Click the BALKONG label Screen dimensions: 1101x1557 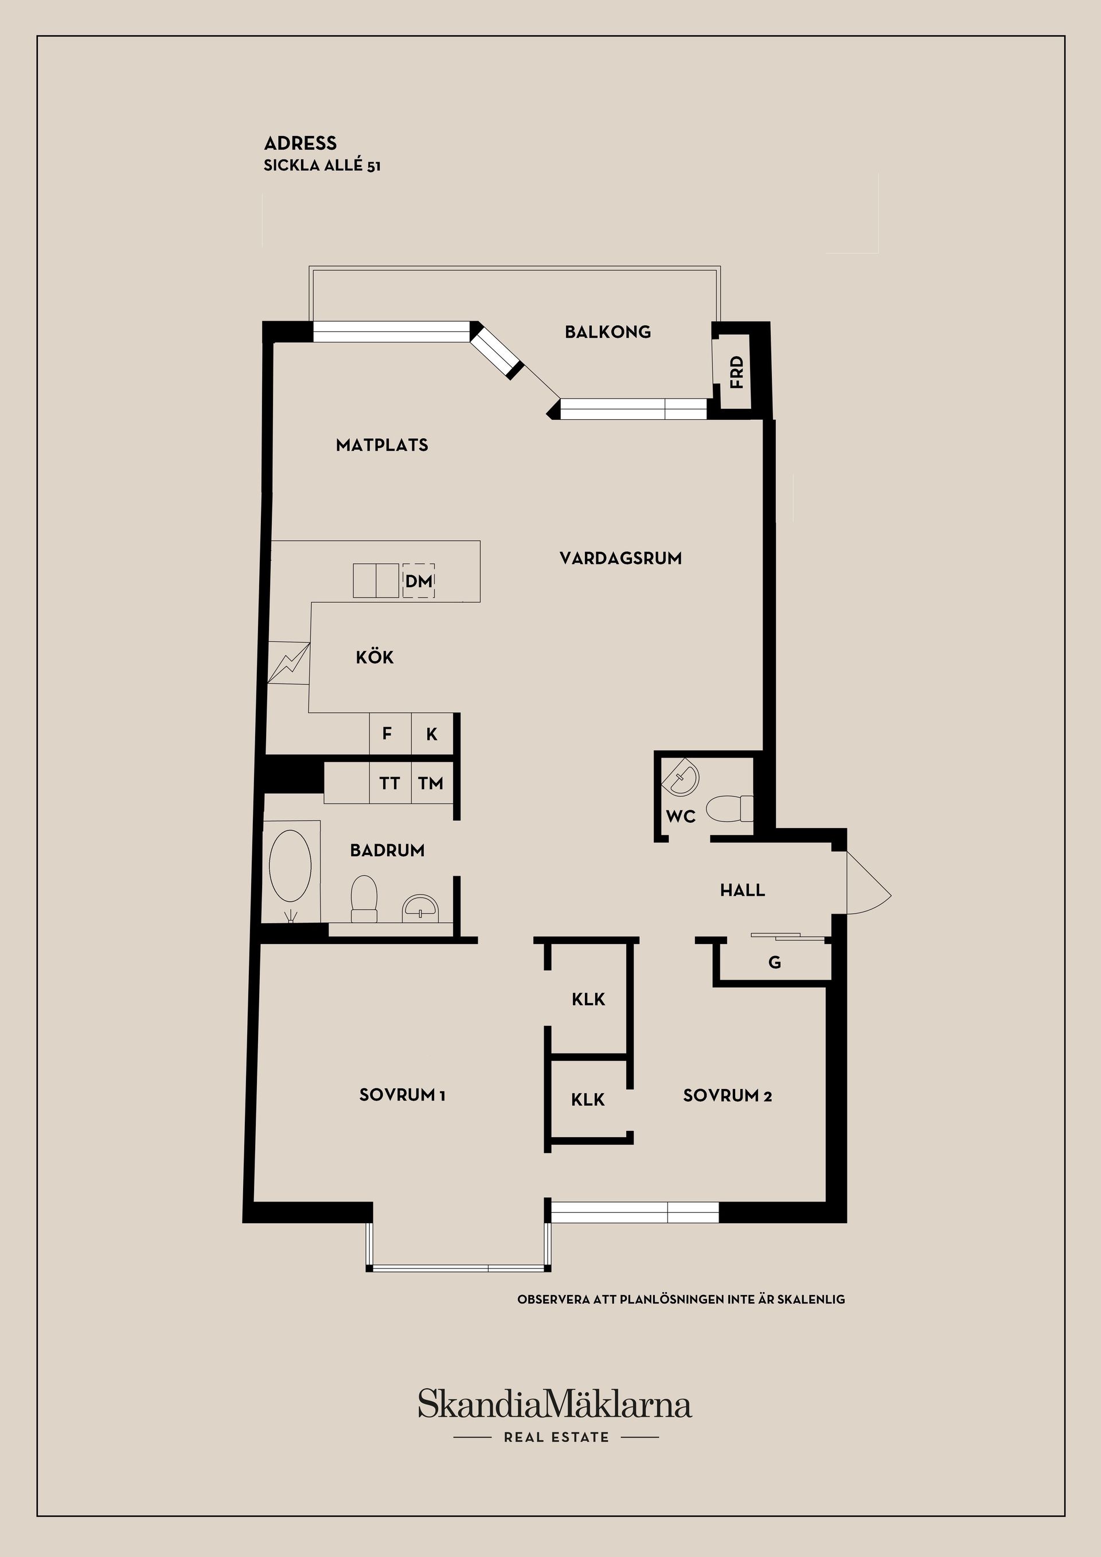(607, 331)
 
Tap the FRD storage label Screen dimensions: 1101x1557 (736, 372)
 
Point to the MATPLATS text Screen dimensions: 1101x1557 (382, 445)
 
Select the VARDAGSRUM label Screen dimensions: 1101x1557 (620, 558)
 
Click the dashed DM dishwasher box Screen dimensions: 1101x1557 (418, 580)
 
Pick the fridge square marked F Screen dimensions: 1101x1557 (391, 733)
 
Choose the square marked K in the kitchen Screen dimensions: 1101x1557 (432, 733)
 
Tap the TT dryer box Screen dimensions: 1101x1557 (391, 783)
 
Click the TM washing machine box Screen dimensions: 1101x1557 (432, 783)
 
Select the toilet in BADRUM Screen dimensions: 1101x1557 (364, 899)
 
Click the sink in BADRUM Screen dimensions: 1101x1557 (421, 908)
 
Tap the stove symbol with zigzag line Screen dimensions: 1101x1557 (289, 662)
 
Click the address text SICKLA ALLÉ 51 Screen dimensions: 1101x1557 (322, 166)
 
